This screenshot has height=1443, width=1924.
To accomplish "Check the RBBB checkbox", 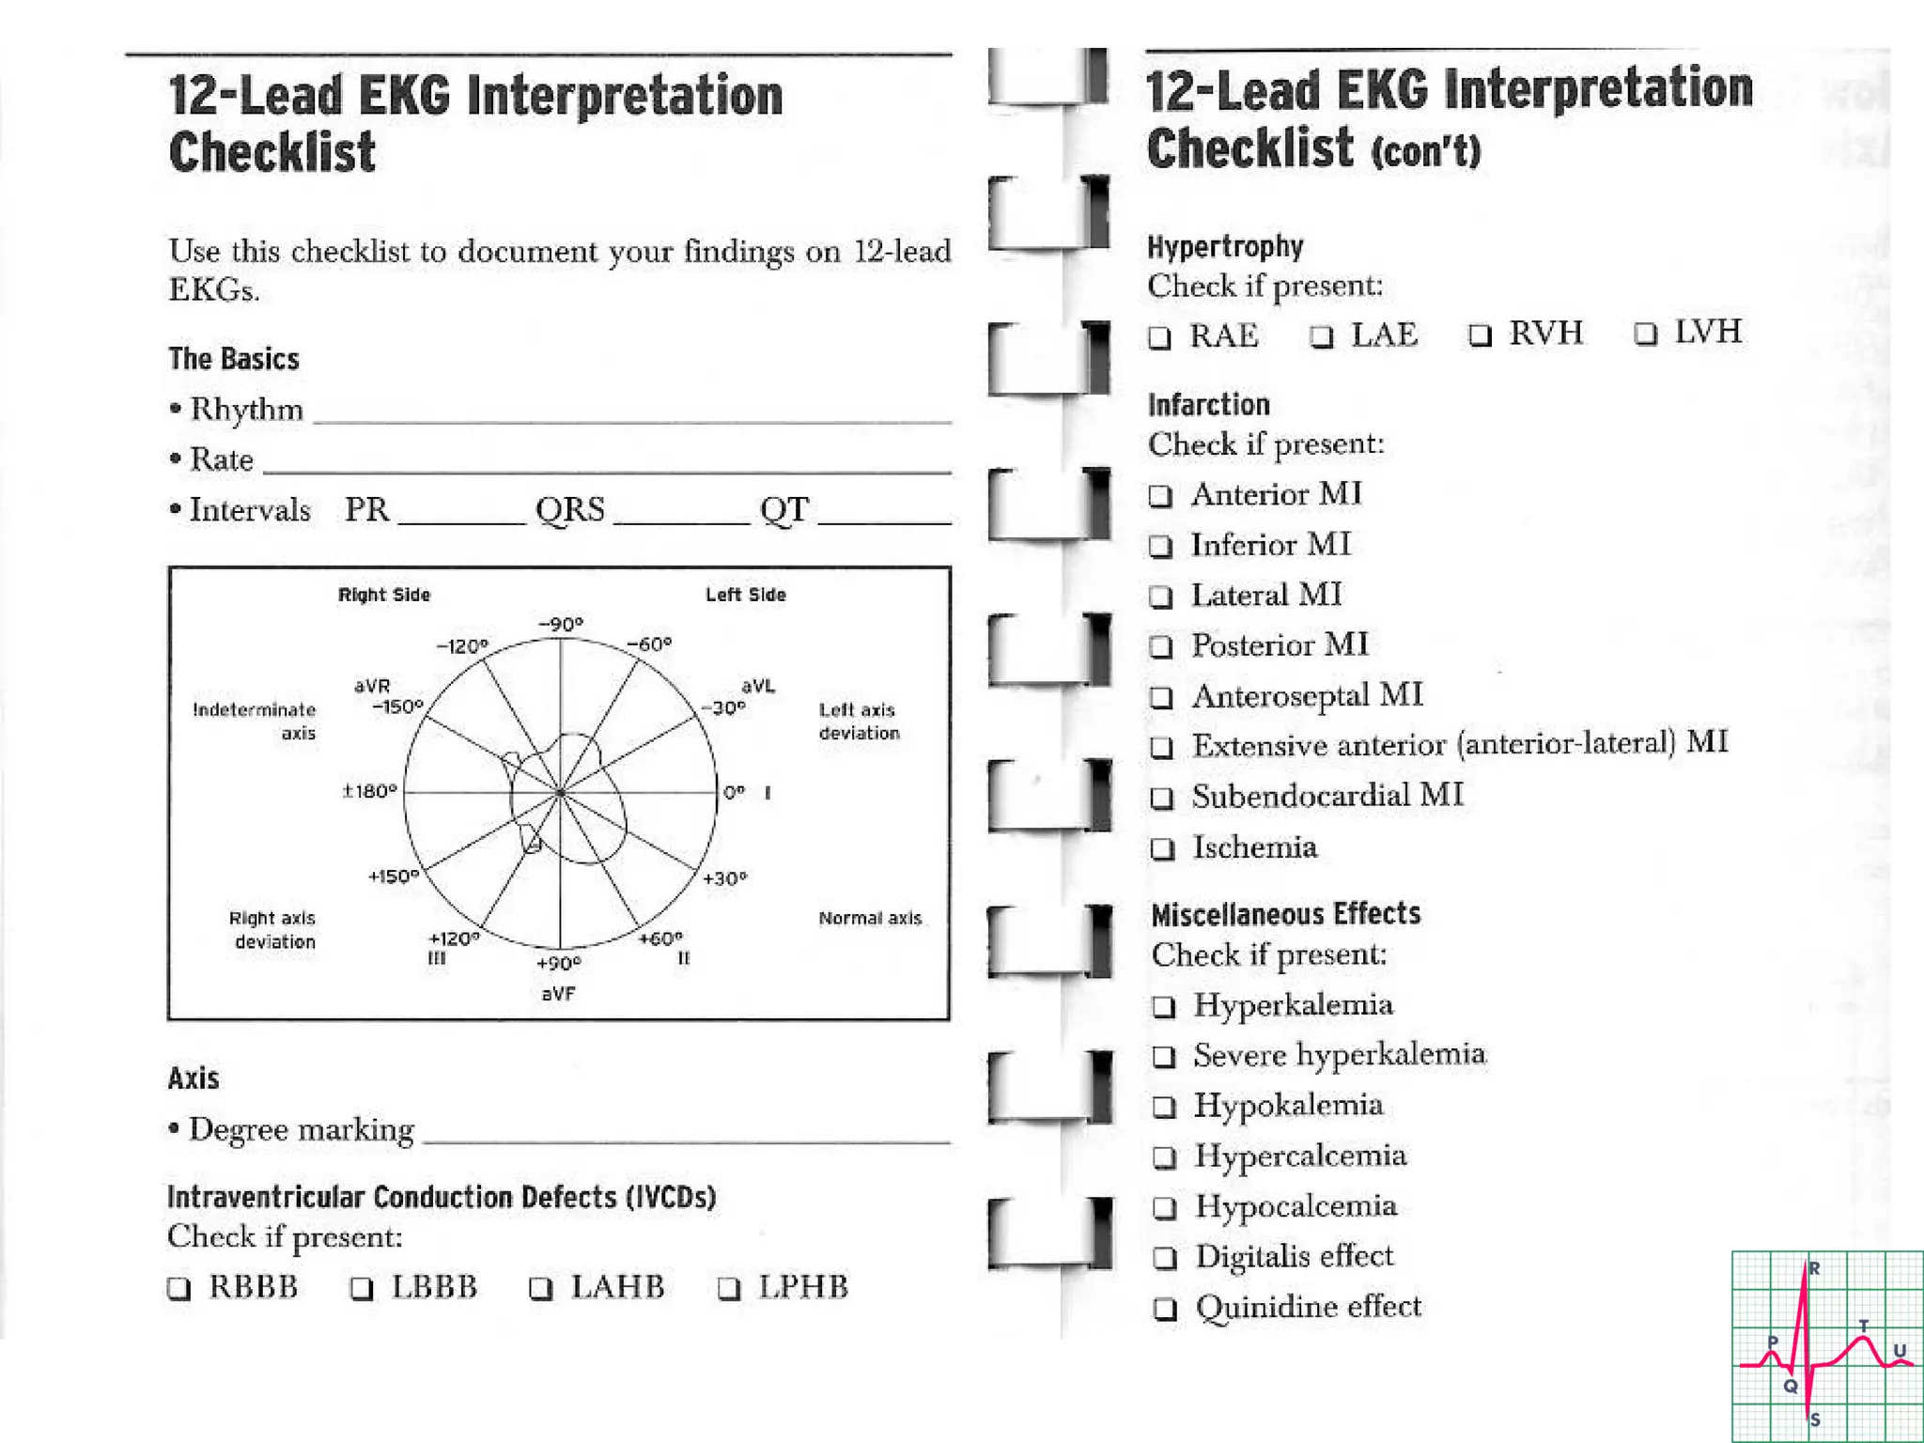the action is pos(178,1288).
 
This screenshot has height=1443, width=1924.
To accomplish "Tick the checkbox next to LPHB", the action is pos(729,1288).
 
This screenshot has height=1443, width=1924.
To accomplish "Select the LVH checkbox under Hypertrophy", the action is pos(1645,334).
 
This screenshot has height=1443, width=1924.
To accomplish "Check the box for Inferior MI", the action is pos(1161,546).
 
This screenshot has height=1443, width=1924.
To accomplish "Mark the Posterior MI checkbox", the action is pos(1162,646).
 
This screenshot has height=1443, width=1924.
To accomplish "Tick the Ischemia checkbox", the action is pos(1163,849).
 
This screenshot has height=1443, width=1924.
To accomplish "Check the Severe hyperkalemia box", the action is pos(1164,1057).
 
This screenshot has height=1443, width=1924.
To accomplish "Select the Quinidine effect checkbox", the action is pos(1165,1309).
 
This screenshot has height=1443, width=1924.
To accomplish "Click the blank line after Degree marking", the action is pos(686,1133).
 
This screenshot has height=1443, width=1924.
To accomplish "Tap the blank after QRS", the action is pos(681,514).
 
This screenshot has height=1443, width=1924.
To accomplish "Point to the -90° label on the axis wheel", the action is pos(561,625).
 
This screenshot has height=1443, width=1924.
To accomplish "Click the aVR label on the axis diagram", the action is pos(372,687).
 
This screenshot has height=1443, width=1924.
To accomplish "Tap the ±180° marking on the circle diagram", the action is pos(370,792).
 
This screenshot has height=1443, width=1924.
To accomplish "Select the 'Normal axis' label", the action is pos(870,918).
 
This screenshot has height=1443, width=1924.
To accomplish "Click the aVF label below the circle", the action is pos(558,993).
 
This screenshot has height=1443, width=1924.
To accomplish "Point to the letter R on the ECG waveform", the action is pos(1814,1268).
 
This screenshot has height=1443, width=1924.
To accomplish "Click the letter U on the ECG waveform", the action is pos(1900,1351).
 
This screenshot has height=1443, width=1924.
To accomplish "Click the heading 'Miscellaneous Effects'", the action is pos(1286,914).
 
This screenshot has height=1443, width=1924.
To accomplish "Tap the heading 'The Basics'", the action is pos(234,359).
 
